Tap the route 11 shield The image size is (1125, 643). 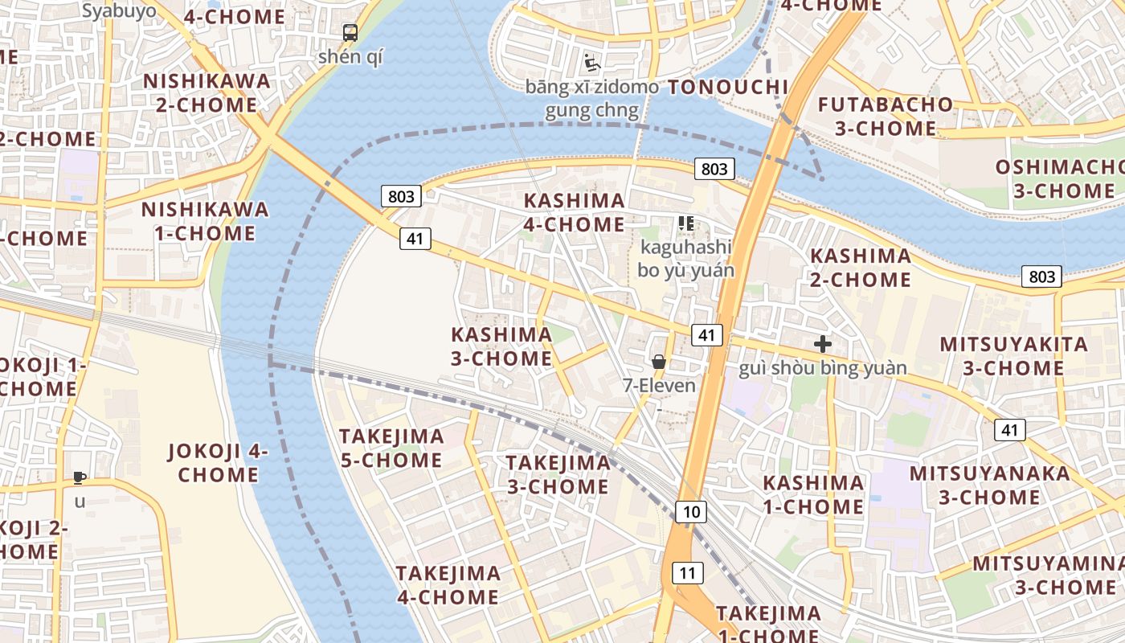[687, 573]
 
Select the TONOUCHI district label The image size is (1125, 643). [729, 87]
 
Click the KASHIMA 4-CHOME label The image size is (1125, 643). [574, 212]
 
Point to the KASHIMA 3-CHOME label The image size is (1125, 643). [501, 346]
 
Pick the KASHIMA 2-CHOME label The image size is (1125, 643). [861, 268]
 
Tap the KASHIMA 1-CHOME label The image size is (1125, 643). [813, 494]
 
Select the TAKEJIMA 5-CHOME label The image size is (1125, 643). [391, 448]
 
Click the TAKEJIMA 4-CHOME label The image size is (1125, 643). [448, 585]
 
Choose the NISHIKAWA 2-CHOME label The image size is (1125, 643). [207, 92]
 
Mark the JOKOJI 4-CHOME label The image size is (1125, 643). [218, 462]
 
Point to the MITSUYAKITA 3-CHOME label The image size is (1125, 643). [1013, 356]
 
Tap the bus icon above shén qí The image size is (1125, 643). [350, 33]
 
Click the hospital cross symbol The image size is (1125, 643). [823, 344]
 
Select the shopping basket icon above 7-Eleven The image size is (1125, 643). [659, 362]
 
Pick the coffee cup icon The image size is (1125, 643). [80, 478]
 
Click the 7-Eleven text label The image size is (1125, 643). [659, 386]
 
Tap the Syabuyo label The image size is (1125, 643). [119, 10]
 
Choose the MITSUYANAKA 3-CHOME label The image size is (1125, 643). [990, 485]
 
